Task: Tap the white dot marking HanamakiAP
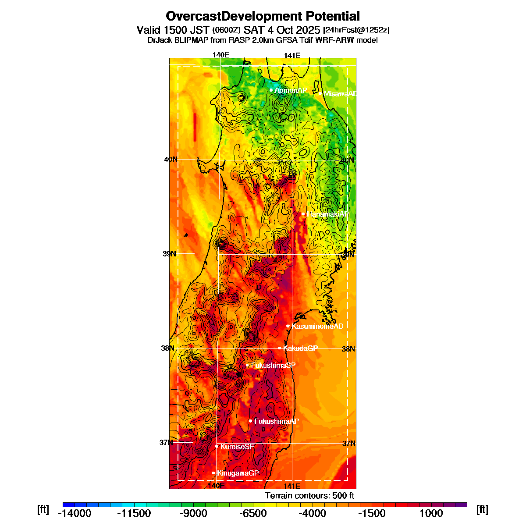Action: pyautogui.click(x=303, y=214)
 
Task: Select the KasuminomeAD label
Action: pyautogui.click(x=317, y=326)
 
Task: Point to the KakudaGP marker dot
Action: pyautogui.click(x=280, y=348)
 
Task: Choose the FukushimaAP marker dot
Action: pyautogui.click(x=251, y=421)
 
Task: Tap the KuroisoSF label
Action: pyautogui.click(x=237, y=447)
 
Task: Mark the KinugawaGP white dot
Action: pyautogui.click(x=213, y=473)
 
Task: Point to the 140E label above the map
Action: pyautogui.click(x=220, y=55)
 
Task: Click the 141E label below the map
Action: pyautogui.click(x=291, y=486)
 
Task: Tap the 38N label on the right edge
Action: pyautogui.click(x=348, y=349)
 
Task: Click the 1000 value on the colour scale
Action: pyautogui.click(x=431, y=513)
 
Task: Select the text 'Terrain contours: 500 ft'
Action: pyautogui.click(x=309, y=496)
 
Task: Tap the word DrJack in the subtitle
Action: pyautogui.click(x=160, y=40)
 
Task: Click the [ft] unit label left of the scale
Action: pyautogui.click(x=43, y=509)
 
